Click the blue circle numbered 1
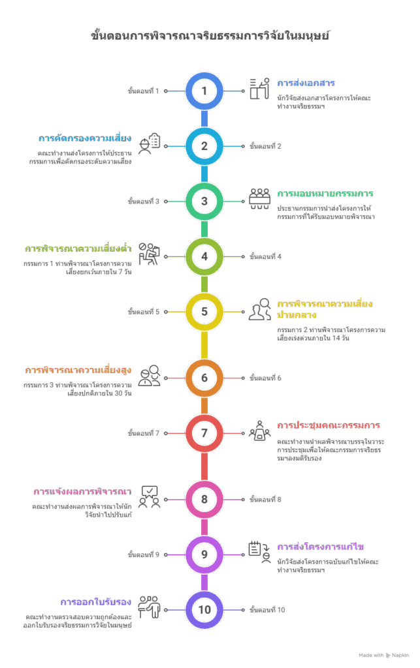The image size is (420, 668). pyautogui.click(x=204, y=91)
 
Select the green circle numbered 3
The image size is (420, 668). pyautogui.click(x=204, y=201)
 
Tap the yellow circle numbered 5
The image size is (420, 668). pyautogui.click(x=204, y=311)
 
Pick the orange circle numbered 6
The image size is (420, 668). pyautogui.click(x=204, y=378)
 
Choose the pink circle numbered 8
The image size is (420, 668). pyautogui.click(x=204, y=500)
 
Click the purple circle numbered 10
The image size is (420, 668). pyautogui.click(x=204, y=609)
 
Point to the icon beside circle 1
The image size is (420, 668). pyautogui.click(x=259, y=89)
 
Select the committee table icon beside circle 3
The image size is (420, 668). pyautogui.click(x=259, y=198)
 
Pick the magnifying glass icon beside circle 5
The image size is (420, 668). pyautogui.click(x=259, y=309)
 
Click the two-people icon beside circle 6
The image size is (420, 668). pyautogui.click(x=150, y=375)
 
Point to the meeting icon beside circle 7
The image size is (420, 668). pyautogui.click(x=259, y=431)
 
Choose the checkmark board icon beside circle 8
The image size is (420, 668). pyautogui.click(x=150, y=496)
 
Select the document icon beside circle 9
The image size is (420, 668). pyautogui.click(x=259, y=552)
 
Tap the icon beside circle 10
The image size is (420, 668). pyautogui.click(x=150, y=607)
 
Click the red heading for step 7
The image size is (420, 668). pyautogui.click(x=329, y=425)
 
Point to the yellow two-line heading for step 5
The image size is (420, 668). pyautogui.click(x=325, y=309)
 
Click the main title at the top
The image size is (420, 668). pyautogui.click(x=210, y=36)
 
